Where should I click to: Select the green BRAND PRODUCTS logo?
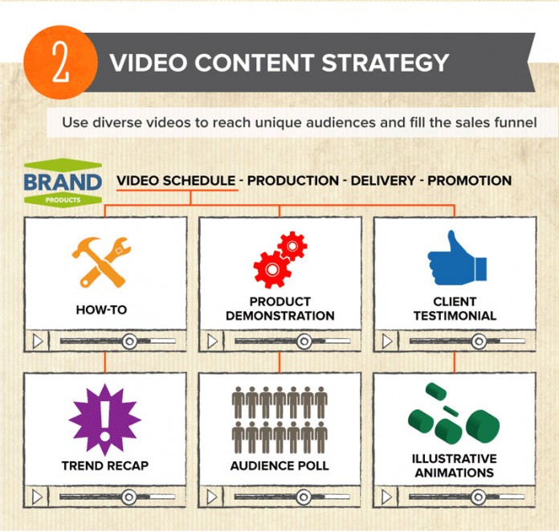click(63, 182)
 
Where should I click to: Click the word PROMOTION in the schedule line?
click(469, 181)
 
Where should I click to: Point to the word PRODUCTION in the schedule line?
click(292, 181)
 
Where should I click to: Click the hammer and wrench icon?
click(101, 262)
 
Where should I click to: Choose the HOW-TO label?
click(102, 309)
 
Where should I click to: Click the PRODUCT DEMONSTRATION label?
click(280, 309)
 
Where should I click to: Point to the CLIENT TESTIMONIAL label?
click(455, 309)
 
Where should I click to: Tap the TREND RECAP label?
click(104, 465)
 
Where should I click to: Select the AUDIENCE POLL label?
click(279, 465)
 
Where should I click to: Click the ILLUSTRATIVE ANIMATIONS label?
click(455, 465)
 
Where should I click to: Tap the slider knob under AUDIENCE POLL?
click(304, 497)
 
